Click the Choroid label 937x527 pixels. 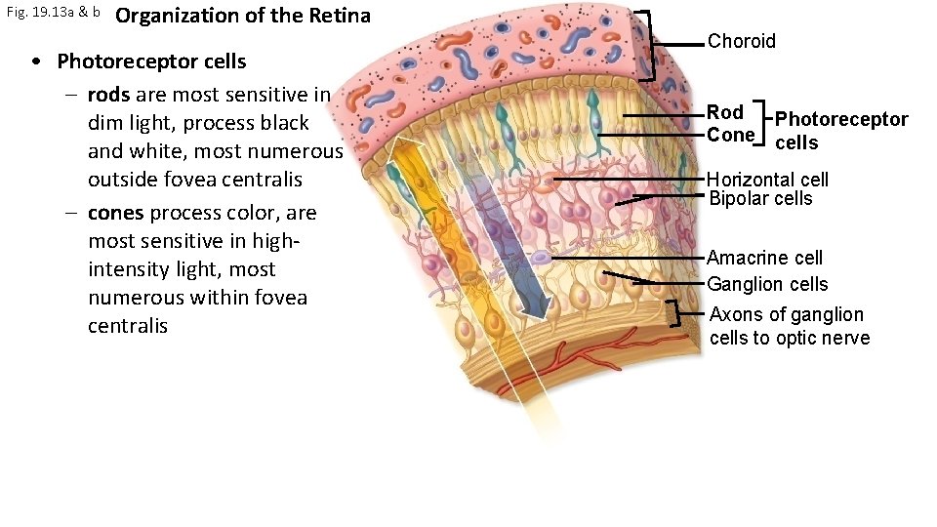741,41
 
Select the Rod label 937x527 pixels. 725,112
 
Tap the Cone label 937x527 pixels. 730,135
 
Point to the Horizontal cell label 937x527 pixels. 767,180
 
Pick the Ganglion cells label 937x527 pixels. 767,284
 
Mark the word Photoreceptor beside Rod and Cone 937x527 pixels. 841,119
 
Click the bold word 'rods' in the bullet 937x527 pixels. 109,96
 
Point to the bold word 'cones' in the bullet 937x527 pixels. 115,213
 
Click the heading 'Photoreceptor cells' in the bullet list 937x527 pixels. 151,61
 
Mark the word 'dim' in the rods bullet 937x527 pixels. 104,123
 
